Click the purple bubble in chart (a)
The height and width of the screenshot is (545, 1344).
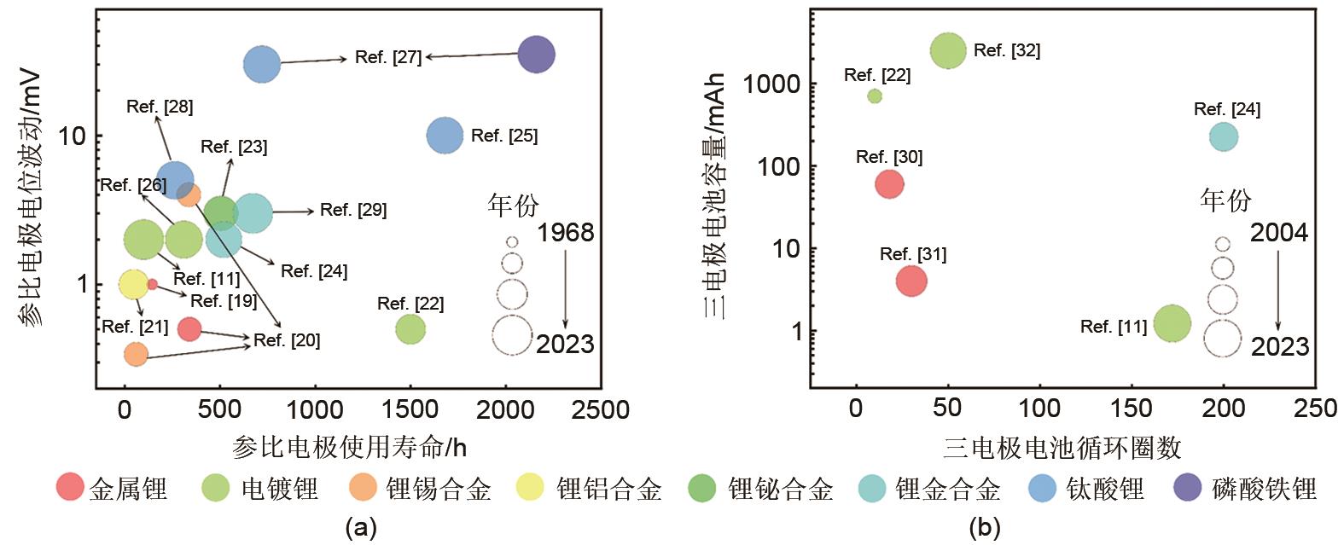click(536, 55)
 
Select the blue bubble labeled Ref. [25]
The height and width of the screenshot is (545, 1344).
click(445, 135)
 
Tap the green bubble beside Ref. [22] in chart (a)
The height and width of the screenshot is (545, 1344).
click(410, 329)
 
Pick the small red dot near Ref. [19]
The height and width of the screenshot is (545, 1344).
click(152, 284)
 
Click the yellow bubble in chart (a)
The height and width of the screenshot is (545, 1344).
click(133, 284)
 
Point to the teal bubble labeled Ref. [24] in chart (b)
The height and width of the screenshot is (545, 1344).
click(1224, 136)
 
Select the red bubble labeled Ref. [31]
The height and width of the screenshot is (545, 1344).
click(911, 281)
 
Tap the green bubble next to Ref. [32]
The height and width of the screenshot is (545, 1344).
click(948, 51)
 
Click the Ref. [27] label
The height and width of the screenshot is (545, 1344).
click(388, 58)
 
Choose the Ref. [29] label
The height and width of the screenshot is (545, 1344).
click(353, 210)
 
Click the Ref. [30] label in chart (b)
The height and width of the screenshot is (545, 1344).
click(889, 157)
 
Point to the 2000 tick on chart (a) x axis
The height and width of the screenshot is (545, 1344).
click(506, 410)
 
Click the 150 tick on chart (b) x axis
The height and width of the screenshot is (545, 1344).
click(1132, 408)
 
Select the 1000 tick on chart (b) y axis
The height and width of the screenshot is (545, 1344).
click(771, 84)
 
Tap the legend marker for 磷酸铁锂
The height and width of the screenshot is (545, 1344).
click(1188, 488)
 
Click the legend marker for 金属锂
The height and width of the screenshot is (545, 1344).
click(70, 488)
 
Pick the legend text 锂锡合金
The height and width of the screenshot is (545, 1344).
click(439, 490)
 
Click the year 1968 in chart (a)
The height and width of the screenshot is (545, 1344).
click(566, 233)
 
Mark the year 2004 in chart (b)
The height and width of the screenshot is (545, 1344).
click(1279, 233)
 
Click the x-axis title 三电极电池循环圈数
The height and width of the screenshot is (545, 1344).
click(1062, 447)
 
